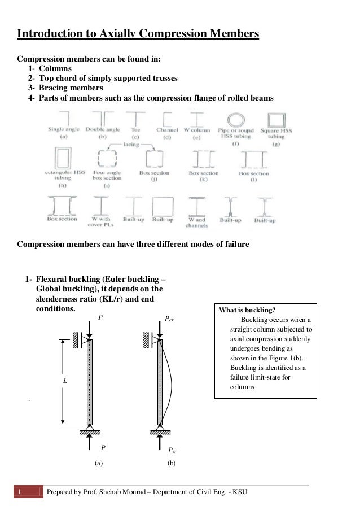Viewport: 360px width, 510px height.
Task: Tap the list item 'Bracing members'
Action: click(x=71, y=88)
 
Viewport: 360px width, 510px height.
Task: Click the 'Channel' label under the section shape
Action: click(x=167, y=129)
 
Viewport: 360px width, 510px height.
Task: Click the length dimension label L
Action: click(x=65, y=382)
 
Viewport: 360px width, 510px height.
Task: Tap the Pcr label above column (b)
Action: click(x=169, y=319)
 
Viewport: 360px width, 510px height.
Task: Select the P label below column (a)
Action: click(x=103, y=447)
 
